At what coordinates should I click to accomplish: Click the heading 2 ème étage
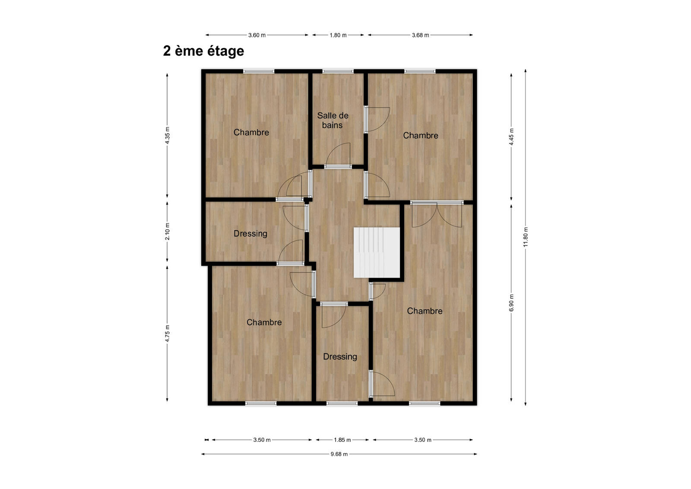click(203, 51)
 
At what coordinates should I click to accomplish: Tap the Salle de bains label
click(333, 121)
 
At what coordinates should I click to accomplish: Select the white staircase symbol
click(377, 253)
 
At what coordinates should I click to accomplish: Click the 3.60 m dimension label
click(257, 35)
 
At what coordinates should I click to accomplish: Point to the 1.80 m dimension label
click(338, 35)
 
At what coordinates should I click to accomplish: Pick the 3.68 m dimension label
click(420, 35)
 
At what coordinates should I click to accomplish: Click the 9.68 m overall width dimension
click(339, 454)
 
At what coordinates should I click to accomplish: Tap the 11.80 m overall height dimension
click(526, 237)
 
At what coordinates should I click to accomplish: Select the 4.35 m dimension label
click(168, 135)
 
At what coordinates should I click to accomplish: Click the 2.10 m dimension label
click(168, 232)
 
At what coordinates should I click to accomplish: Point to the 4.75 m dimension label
click(168, 333)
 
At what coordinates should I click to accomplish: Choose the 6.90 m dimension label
click(511, 302)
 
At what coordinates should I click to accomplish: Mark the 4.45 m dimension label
click(511, 137)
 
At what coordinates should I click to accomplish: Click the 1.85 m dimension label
click(342, 440)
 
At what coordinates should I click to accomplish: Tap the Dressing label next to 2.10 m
click(250, 234)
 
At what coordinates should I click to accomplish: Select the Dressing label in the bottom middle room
click(340, 357)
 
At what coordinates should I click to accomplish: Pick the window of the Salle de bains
click(338, 71)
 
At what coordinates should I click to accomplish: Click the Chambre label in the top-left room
click(251, 133)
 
